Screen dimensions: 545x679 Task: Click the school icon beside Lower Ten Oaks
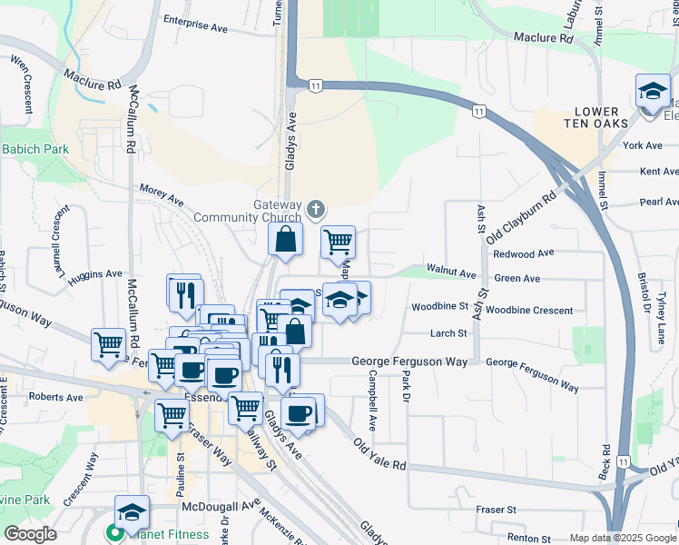tap(652, 92)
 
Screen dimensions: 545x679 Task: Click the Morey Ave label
tap(162, 193)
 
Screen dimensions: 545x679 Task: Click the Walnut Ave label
tap(454, 273)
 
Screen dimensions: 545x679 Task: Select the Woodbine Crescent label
tap(529, 310)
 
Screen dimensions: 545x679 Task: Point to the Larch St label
tap(448, 333)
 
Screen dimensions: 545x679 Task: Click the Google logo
tap(31, 534)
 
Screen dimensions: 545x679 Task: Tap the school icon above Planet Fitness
tap(132, 512)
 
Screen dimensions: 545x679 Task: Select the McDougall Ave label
tap(220, 507)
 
